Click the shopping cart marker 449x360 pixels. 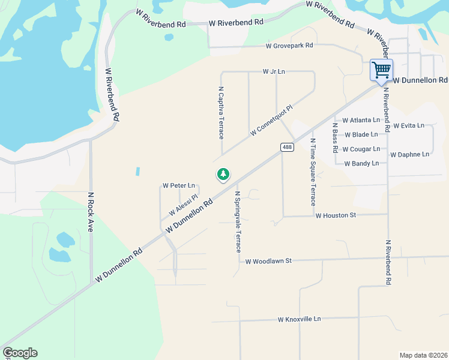point(381,70)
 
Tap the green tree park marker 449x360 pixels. point(223,175)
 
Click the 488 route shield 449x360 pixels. point(288,147)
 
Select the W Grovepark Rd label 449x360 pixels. point(290,46)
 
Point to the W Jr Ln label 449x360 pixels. point(274,71)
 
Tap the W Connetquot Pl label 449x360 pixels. point(271,120)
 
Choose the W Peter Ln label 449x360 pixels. point(179,185)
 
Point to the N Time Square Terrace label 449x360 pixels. point(313,172)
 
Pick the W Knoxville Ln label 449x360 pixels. point(300,319)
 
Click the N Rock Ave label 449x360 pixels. point(91,212)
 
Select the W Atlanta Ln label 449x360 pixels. point(361,120)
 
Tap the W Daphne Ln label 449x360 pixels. point(409,154)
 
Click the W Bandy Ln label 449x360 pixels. point(361,163)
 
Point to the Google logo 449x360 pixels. point(20,353)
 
